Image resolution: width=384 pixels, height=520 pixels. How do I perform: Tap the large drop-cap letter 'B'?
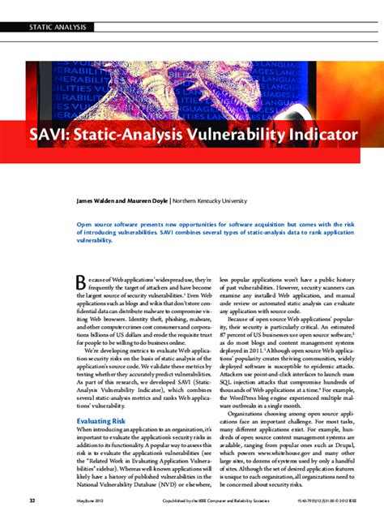(81, 282)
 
